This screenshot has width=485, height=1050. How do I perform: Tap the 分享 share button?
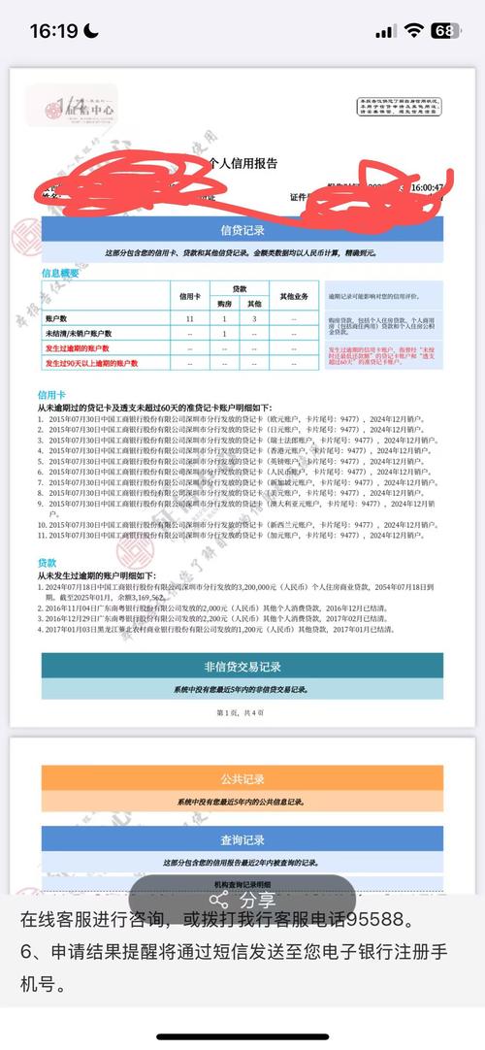242,900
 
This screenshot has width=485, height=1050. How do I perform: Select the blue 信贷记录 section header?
242,230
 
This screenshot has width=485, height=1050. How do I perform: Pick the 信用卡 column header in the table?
189,295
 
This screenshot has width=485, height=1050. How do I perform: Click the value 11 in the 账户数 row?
189,318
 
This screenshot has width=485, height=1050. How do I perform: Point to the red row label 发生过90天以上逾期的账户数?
79,363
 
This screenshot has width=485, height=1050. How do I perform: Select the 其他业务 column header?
294,295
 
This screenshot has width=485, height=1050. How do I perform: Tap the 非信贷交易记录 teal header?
242,667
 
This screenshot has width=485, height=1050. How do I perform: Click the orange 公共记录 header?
242,778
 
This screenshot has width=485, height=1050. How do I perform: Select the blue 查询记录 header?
242,838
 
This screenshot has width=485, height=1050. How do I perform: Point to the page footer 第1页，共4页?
242,712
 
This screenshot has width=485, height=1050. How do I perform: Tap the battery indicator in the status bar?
444,31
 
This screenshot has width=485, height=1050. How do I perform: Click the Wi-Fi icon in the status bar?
414,31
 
